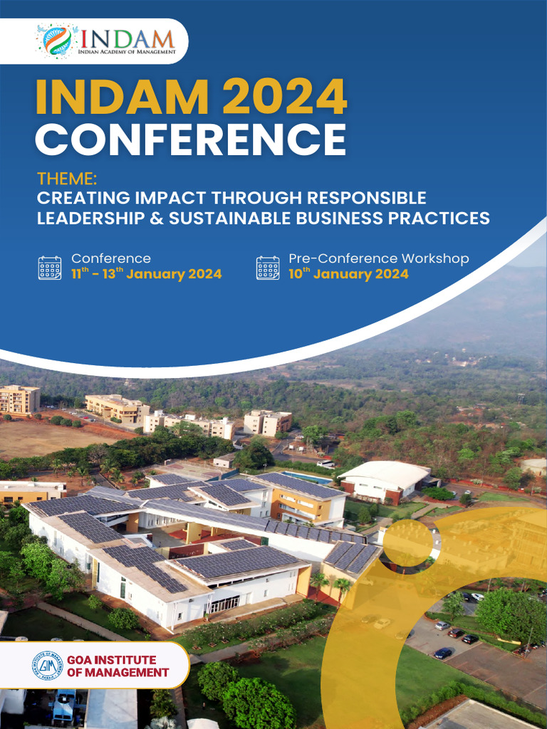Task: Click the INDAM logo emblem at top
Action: tap(57, 40)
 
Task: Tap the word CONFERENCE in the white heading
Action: tap(191, 139)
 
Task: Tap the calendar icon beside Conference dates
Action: tap(50, 268)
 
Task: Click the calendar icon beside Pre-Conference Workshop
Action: tap(268, 268)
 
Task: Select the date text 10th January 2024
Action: tap(348, 274)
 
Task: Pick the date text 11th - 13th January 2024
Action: tap(146, 274)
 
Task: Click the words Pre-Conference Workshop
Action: tap(379, 258)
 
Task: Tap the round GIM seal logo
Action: tap(48, 665)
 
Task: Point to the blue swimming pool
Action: tap(307, 476)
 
